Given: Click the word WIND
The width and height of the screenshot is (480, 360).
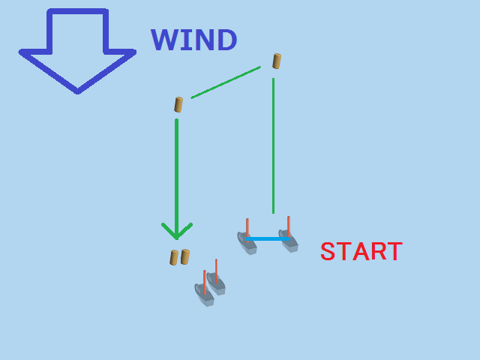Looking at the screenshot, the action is pyautogui.click(x=193, y=40).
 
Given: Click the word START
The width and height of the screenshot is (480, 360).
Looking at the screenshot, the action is pyautogui.click(x=361, y=251).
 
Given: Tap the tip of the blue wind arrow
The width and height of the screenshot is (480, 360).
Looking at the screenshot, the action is pyautogui.click(x=77, y=92).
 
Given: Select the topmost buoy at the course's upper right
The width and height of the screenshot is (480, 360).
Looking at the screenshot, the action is pyautogui.click(x=277, y=61).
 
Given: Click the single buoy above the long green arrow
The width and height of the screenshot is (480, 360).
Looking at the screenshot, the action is pyautogui.click(x=178, y=105).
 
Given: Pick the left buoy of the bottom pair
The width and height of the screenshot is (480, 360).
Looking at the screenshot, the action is pyautogui.click(x=174, y=257).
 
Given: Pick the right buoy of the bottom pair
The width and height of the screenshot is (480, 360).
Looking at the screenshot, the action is pyautogui.click(x=185, y=256).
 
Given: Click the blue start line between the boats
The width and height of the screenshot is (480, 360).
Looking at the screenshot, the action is pyautogui.click(x=267, y=238).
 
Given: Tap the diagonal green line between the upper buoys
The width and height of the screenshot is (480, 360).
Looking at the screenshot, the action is pyautogui.click(x=226, y=82).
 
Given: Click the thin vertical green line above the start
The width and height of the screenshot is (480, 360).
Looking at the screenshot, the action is pyautogui.click(x=273, y=145).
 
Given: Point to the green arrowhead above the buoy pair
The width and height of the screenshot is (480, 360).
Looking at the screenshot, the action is pyautogui.click(x=177, y=232).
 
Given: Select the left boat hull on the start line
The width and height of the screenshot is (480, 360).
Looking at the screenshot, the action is pyautogui.click(x=247, y=243).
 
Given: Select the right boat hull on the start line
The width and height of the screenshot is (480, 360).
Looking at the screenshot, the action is pyautogui.click(x=288, y=241).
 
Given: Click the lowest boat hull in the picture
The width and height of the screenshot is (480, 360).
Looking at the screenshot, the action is pyautogui.click(x=204, y=295).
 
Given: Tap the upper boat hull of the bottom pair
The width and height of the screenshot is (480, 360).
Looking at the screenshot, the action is pyautogui.click(x=216, y=283).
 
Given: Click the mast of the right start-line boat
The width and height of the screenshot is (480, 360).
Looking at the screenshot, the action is pyautogui.click(x=289, y=227).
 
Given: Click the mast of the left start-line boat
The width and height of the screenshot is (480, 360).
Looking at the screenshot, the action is pyautogui.click(x=247, y=229).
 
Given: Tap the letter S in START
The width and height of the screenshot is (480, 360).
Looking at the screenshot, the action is pyautogui.click(x=328, y=251).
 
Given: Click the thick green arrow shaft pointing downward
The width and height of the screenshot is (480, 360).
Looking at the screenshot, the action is pyautogui.click(x=177, y=179).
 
